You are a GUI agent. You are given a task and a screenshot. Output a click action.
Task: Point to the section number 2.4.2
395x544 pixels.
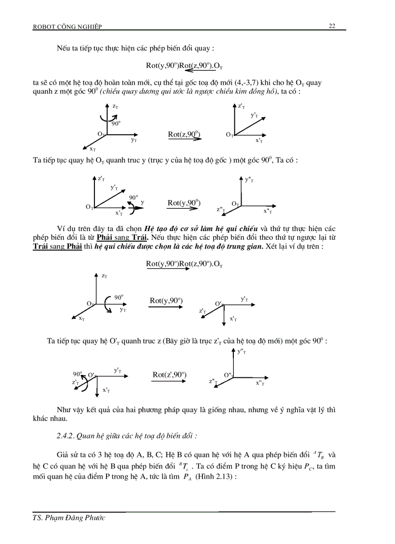[65, 435]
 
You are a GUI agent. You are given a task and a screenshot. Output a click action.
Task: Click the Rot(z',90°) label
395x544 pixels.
[169, 374]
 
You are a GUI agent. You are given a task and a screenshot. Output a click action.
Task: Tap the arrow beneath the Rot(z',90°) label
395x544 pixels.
[169, 382]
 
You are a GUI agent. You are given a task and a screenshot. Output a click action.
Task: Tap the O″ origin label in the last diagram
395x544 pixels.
[228, 375]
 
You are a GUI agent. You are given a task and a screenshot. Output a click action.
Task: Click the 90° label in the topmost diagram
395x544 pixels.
[116, 123]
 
